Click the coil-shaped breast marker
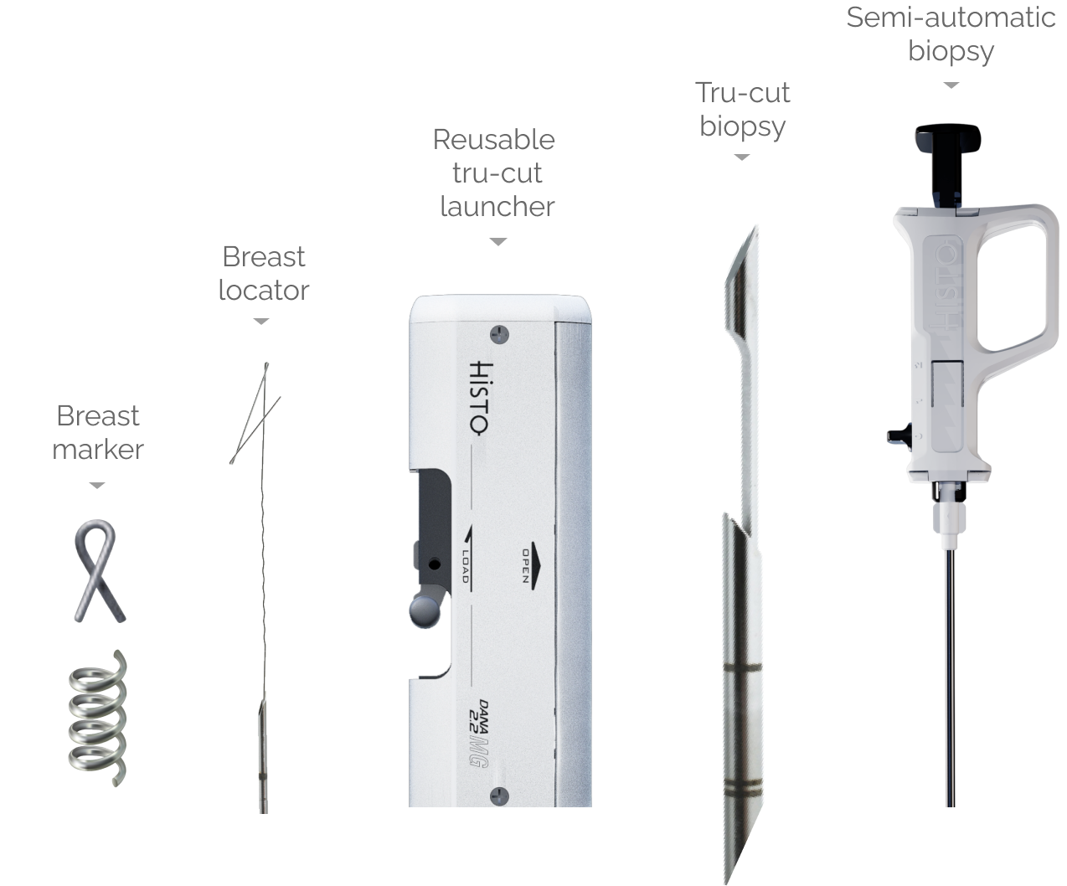[97, 718]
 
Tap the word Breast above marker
[98, 415]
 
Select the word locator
[264, 291]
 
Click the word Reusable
[493, 140]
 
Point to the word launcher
[497, 207]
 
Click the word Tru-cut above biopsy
[743, 92]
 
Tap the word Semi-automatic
[951, 18]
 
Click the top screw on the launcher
[499, 335]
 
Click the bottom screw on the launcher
[499, 796]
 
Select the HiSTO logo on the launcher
[482, 398]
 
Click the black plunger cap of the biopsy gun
[948, 138]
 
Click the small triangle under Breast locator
[261, 322]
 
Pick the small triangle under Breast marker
[97, 485]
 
